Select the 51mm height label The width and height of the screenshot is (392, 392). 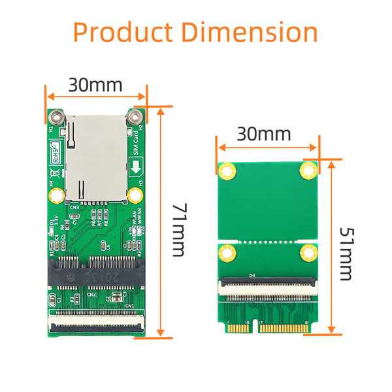click(348, 253)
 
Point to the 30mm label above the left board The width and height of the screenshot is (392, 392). click(95, 86)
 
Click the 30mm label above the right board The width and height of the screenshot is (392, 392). click(263, 135)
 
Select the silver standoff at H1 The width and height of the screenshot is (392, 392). click(57, 119)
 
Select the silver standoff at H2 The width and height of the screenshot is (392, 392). click(135, 119)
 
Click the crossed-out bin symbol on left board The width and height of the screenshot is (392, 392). click(54, 174)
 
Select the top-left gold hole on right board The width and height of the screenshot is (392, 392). click(227, 172)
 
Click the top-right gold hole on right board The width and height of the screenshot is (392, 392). click(308, 172)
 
